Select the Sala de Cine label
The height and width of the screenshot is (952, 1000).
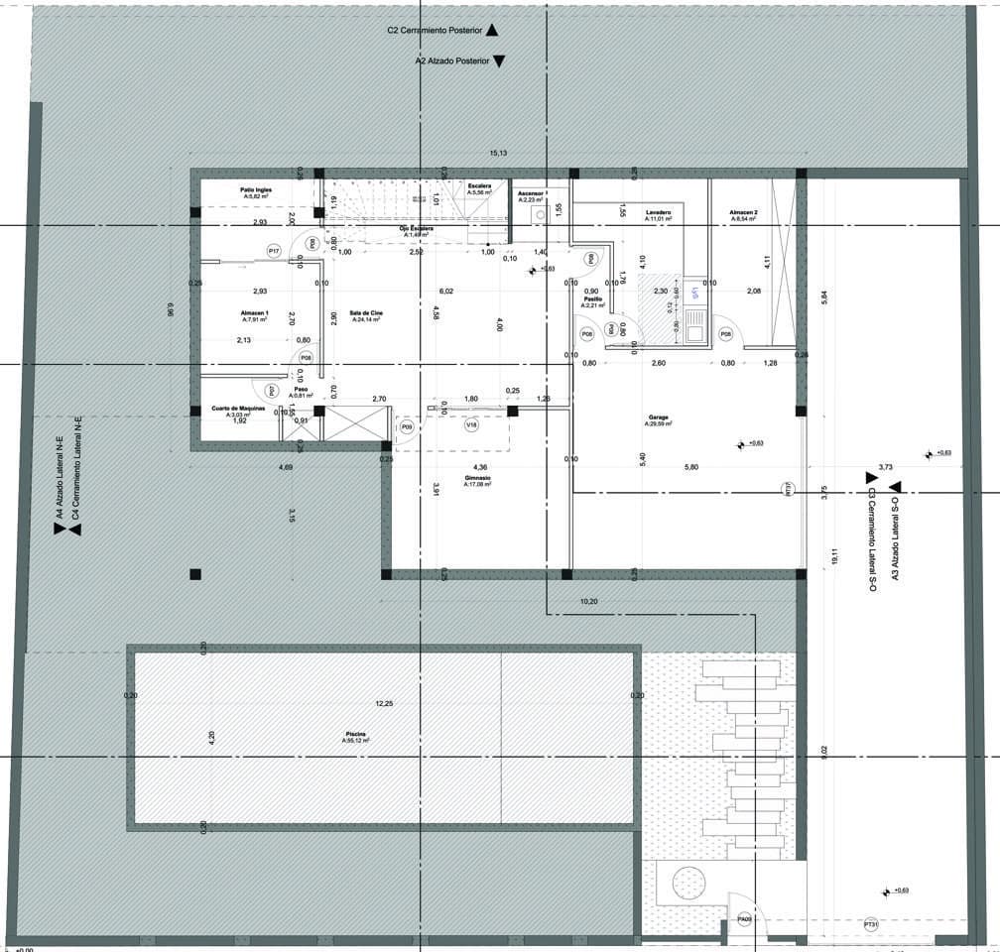pos(365,313)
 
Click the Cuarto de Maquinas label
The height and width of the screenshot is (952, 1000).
pos(238,411)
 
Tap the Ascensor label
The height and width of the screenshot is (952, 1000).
pos(530,195)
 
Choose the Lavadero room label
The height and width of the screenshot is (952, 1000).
pos(659,214)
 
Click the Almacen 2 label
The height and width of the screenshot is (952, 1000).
pos(743,214)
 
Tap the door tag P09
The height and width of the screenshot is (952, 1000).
pos(406,426)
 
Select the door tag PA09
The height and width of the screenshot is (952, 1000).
pos(745,920)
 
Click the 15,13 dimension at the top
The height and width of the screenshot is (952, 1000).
pos(498,153)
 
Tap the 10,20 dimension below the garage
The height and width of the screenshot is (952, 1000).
pos(588,601)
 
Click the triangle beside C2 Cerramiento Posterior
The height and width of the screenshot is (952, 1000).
pos(492,31)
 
